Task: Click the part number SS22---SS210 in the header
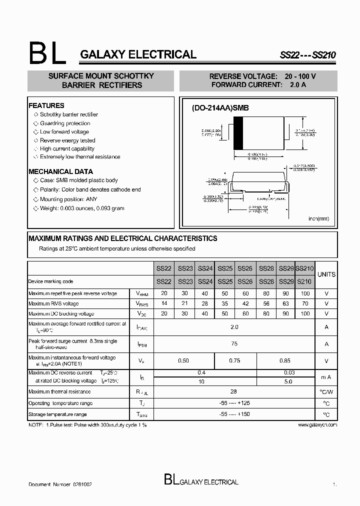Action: [x=307, y=56]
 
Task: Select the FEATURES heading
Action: [x=46, y=105]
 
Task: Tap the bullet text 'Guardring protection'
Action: [x=65, y=123]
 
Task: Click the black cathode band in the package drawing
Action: [x=238, y=133]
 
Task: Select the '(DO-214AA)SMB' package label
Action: [x=220, y=108]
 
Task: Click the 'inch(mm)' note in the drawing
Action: [x=318, y=218]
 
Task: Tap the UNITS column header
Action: [x=326, y=274]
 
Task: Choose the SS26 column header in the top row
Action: [x=245, y=268]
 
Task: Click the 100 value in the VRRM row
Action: [x=305, y=293]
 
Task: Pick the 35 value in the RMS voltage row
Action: [x=225, y=303]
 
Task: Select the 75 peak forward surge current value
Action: [x=234, y=344]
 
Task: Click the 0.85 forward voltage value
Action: [x=285, y=360]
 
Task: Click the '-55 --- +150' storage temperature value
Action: [x=234, y=414]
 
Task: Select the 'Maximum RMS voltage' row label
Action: [x=53, y=303]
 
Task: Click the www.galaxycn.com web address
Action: [x=317, y=424]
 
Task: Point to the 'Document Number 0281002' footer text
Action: [x=60, y=484]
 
